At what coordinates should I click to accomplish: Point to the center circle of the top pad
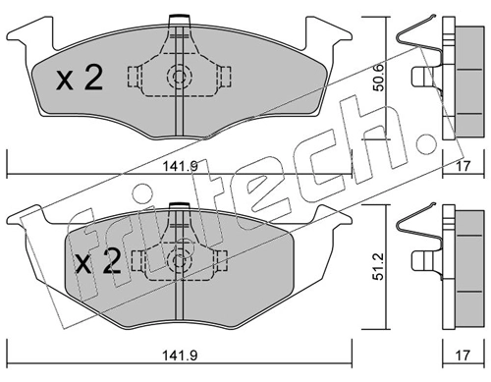coord(179,78)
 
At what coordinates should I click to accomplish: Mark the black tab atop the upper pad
coord(179,17)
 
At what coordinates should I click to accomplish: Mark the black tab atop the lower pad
coord(179,206)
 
